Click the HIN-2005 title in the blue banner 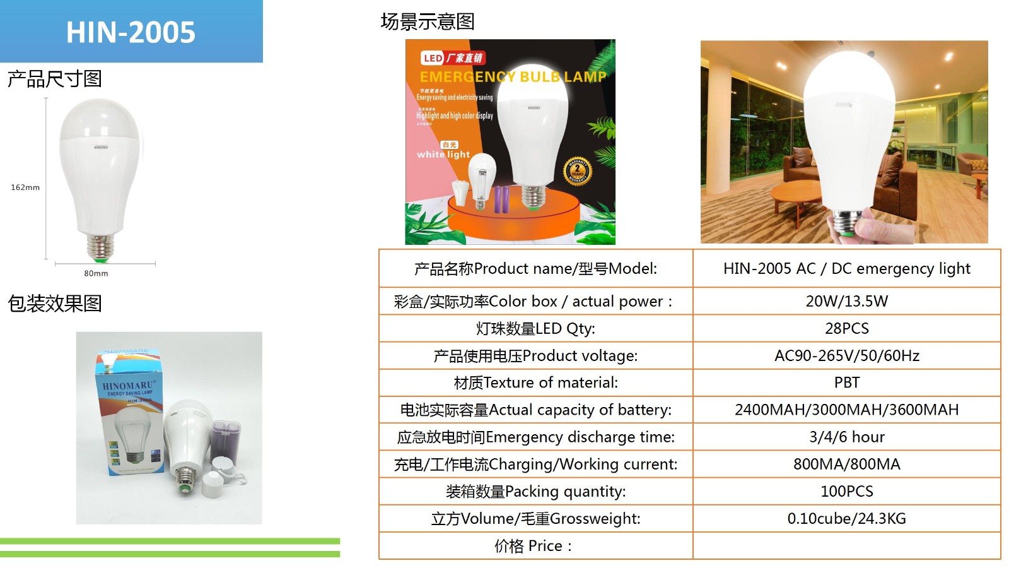click(131, 32)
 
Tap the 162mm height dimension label click(25, 187)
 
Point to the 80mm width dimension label click(96, 273)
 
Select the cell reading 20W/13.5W click(846, 301)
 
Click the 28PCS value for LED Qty click(846, 328)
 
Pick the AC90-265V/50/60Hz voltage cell click(846, 355)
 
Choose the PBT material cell click(846, 382)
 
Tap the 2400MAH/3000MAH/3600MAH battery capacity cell click(846, 410)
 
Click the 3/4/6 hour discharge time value click(846, 437)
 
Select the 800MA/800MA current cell click(846, 464)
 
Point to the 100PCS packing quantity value click(846, 491)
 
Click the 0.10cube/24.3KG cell click(846, 518)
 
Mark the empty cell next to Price click(846, 545)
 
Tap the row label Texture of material click(535, 382)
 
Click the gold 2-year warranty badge click(577, 170)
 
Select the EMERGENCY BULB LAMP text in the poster click(512, 77)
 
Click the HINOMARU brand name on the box click(128, 385)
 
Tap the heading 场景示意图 click(427, 22)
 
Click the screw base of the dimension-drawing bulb click(98, 247)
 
